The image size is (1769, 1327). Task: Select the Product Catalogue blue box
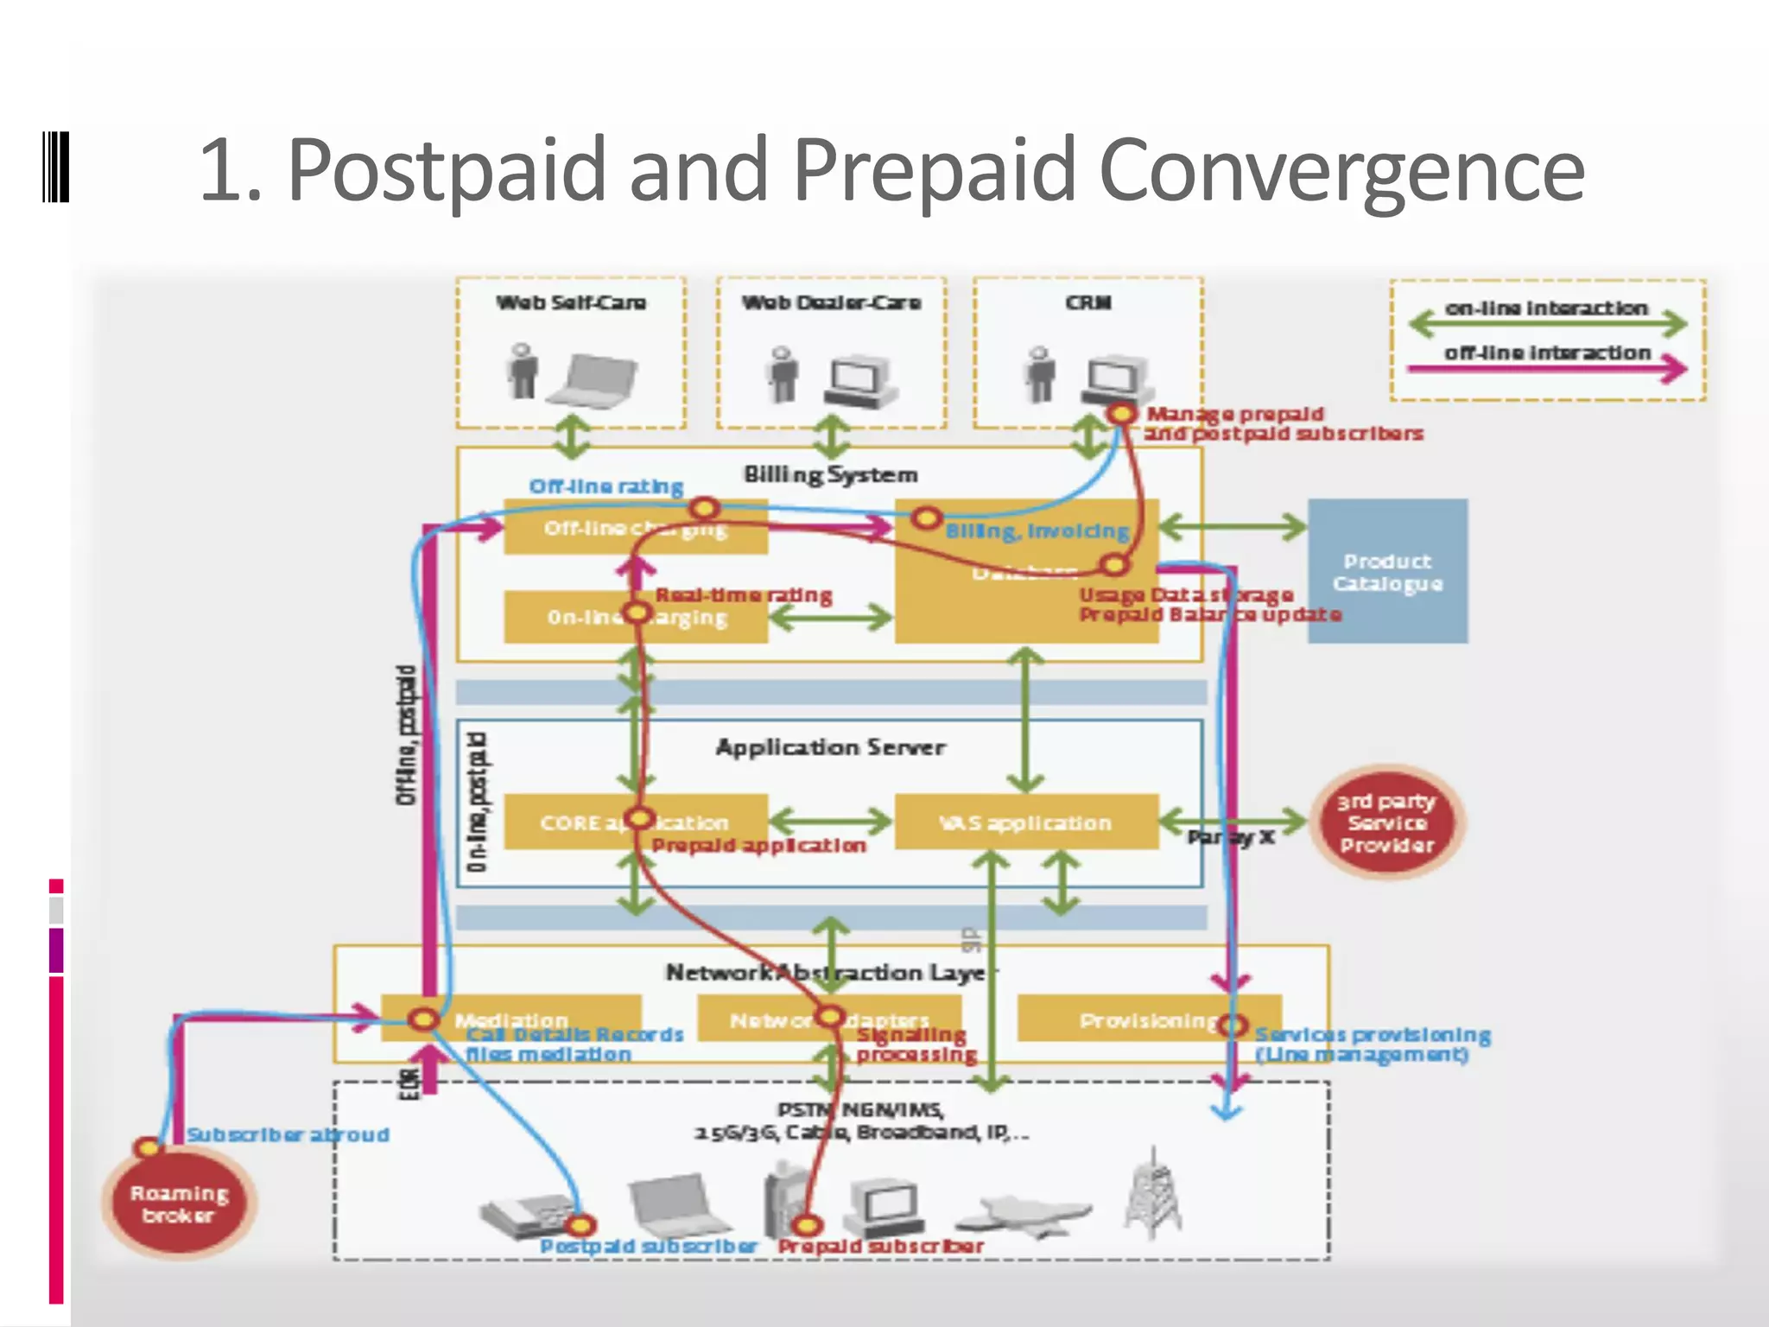(1387, 571)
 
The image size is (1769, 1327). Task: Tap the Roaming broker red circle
(179, 1203)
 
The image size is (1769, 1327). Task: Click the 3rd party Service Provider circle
(1386, 822)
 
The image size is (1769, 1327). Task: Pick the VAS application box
(1025, 822)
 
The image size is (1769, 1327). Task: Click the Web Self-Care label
(571, 302)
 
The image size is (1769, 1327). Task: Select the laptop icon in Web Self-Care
(593, 377)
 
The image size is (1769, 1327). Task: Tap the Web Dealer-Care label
(831, 302)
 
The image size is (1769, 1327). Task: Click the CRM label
(1087, 302)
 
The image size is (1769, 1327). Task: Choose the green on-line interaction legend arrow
(1547, 325)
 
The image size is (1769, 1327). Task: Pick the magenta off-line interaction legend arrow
(1547, 369)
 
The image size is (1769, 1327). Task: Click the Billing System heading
(830, 474)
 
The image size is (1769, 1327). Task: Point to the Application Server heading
(830, 747)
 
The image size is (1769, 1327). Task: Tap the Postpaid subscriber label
(648, 1247)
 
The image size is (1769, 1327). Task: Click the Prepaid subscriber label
(880, 1247)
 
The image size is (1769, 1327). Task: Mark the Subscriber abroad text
(288, 1134)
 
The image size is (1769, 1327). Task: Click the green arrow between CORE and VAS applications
(830, 821)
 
